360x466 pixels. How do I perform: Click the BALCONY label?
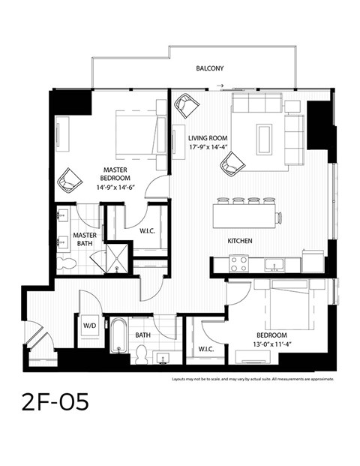[x=210, y=68]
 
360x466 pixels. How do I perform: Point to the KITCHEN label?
[x=239, y=241]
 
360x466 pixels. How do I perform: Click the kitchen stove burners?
[x=238, y=264]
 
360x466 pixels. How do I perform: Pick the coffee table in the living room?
[x=265, y=138]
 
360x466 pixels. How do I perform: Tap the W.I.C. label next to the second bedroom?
[x=206, y=349]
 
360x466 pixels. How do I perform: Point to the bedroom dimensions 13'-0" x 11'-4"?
[x=271, y=344]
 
